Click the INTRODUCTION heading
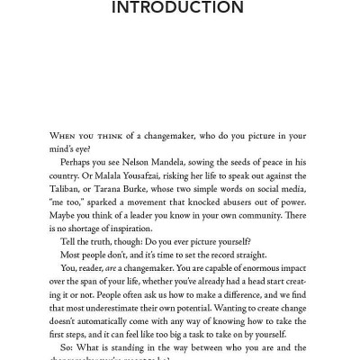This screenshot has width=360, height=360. point(179,11)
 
